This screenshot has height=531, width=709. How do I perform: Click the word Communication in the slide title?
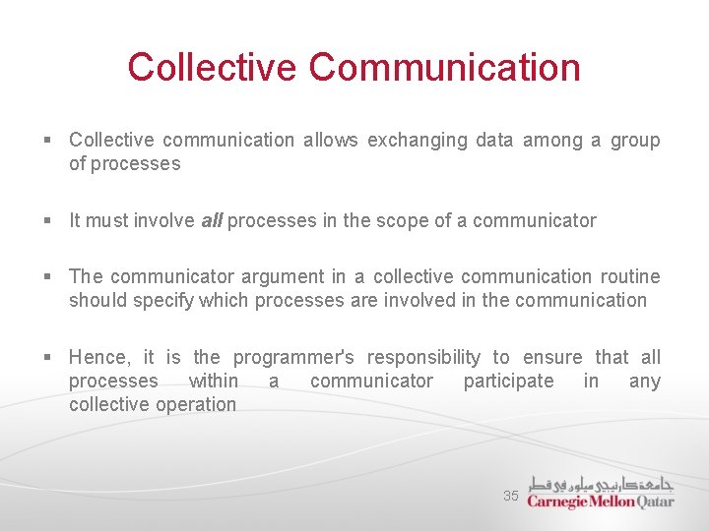pyautogui.click(x=444, y=68)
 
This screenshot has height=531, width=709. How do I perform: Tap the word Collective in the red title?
pyautogui.click(x=212, y=68)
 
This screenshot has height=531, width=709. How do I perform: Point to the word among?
pyautogui.click(x=552, y=141)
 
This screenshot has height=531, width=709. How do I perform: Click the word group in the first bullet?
pyautogui.click(x=635, y=141)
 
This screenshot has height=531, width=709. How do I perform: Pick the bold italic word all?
pyautogui.click(x=212, y=221)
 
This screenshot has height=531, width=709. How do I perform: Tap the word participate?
pyautogui.click(x=508, y=382)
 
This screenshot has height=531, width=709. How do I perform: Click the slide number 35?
pyautogui.click(x=510, y=497)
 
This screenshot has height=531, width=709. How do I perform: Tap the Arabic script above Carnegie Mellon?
pyautogui.click(x=601, y=483)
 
